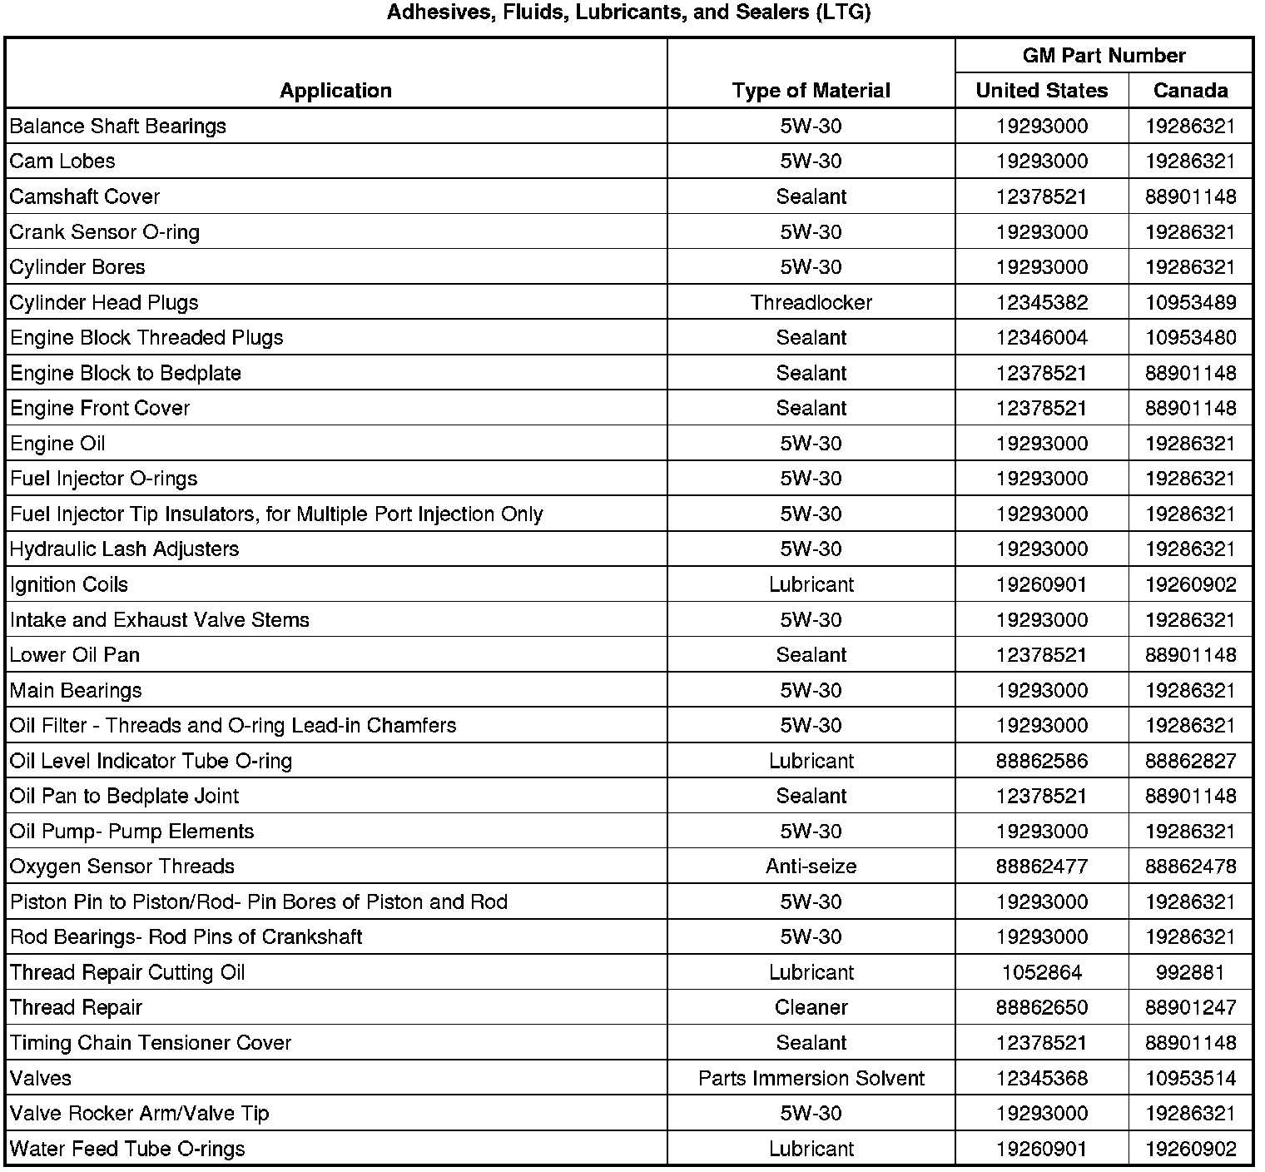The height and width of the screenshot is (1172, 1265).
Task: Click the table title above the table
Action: pyautogui.click(x=628, y=13)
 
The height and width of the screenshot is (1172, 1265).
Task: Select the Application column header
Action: pyautogui.click(x=335, y=90)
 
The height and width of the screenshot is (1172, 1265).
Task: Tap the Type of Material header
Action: pyautogui.click(x=811, y=90)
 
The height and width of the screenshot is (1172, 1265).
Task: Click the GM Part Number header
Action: pyautogui.click(x=1104, y=55)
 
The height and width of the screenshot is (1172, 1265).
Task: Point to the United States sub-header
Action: pyautogui.click(x=1041, y=90)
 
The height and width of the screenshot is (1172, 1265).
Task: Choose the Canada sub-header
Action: pyautogui.click(x=1190, y=90)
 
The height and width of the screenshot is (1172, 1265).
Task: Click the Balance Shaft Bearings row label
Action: pyautogui.click(x=118, y=126)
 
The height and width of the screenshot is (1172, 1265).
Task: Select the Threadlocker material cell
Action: pyautogui.click(x=811, y=302)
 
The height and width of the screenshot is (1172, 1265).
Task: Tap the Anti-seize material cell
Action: pyautogui.click(x=811, y=867)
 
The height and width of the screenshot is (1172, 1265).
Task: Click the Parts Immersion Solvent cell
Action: pyautogui.click(x=811, y=1078)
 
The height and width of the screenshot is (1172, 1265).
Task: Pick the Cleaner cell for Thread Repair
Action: pyautogui.click(x=811, y=1007)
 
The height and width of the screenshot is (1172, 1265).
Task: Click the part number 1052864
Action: pyautogui.click(x=1041, y=972)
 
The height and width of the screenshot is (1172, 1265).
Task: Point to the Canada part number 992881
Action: pyautogui.click(x=1190, y=972)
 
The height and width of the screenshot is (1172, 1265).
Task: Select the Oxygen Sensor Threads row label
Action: pyautogui.click(x=122, y=867)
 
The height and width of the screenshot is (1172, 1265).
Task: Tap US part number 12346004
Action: pyautogui.click(x=1041, y=337)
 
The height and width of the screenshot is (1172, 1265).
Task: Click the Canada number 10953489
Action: pyautogui.click(x=1190, y=302)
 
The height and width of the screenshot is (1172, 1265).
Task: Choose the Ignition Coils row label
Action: pyautogui.click(x=69, y=584)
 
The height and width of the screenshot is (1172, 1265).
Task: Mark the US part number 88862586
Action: pyautogui.click(x=1041, y=761)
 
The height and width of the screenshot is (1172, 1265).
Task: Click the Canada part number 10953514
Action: pyautogui.click(x=1190, y=1078)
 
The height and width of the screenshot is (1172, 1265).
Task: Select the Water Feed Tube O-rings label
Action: pyautogui.click(x=127, y=1149)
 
